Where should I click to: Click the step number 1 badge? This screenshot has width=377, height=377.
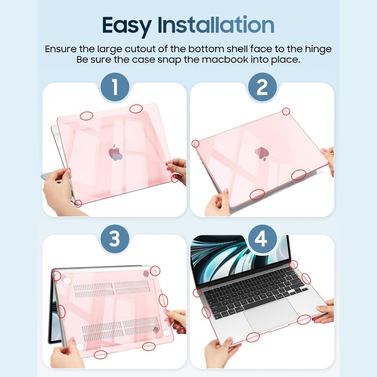pyautogui.click(x=114, y=87)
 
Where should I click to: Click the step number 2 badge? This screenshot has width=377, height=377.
pyautogui.click(x=262, y=87)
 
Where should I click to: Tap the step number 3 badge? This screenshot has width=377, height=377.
pyautogui.click(x=114, y=239)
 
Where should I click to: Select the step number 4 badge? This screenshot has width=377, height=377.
pyautogui.click(x=262, y=239)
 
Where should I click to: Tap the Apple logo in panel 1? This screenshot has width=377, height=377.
pyautogui.click(x=115, y=153)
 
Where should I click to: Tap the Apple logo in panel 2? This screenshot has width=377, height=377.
pyautogui.click(x=261, y=152)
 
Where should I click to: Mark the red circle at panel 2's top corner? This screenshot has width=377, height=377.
pyautogui.click(x=286, y=111)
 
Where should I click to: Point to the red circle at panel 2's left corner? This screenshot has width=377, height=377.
pyautogui.click(x=195, y=143)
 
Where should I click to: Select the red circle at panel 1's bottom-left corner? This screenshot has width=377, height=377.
pyautogui.click(x=78, y=203)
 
